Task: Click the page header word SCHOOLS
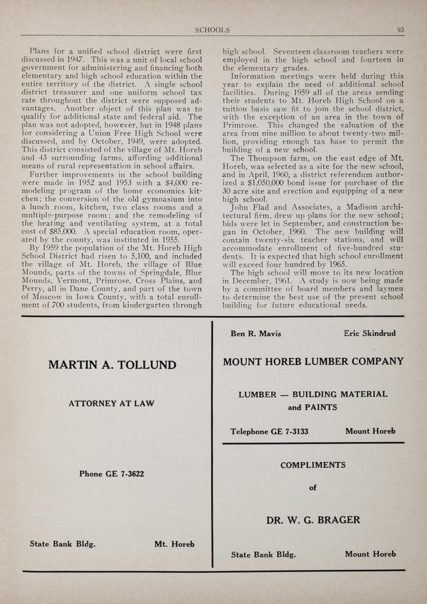[212, 30]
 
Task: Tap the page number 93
[400, 30]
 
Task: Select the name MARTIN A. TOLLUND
[112, 365]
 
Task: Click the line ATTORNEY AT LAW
[111, 404]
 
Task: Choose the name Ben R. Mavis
[256, 334]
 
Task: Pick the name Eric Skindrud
[370, 333]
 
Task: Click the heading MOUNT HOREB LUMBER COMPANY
[313, 362]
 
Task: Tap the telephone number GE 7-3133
[289, 432]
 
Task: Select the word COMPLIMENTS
[313, 465]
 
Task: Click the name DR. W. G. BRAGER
[313, 520]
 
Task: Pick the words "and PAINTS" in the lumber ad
[312, 407]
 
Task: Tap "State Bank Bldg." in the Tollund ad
[63, 544]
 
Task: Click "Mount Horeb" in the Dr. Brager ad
[370, 554]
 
